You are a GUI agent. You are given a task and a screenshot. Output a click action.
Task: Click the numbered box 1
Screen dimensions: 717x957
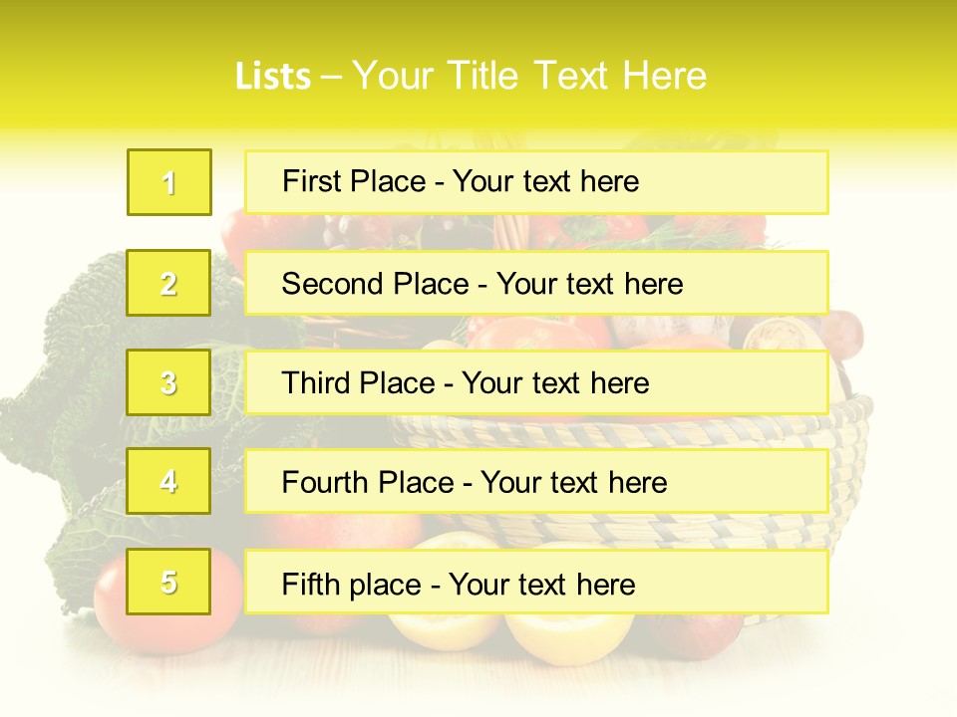tap(169, 182)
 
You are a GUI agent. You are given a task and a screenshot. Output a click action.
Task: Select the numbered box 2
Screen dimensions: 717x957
tap(168, 283)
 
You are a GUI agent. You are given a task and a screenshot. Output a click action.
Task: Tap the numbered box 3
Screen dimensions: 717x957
tap(168, 382)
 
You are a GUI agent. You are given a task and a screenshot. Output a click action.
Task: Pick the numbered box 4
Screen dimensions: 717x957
tap(168, 481)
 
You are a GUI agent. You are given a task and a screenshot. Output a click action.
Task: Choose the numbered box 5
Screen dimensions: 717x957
tap(168, 582)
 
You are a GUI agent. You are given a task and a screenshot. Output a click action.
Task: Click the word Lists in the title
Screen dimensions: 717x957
tap(273, 77)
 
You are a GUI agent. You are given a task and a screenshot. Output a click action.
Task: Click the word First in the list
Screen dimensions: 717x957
tap(313, 181)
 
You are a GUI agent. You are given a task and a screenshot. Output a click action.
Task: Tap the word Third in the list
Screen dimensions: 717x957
tap(316, 383)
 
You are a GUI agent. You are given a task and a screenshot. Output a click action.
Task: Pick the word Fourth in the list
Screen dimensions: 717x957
tap(326, 483)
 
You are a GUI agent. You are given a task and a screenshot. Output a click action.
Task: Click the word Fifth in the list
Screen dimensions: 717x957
tap(310, 584)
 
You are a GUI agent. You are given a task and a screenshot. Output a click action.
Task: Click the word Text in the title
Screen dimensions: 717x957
tap(572, 77)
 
